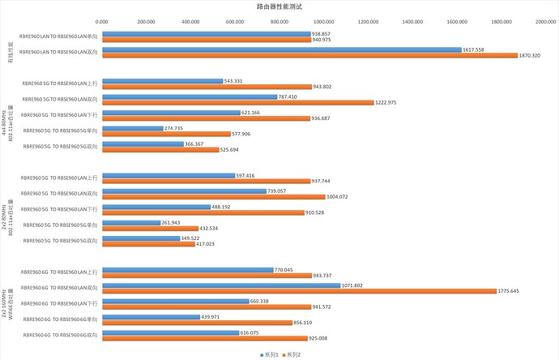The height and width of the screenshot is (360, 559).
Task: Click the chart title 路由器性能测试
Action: point(279,6)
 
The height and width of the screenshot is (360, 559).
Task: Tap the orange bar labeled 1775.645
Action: point(299,290)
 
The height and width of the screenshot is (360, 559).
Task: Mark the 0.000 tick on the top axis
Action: point(102,21)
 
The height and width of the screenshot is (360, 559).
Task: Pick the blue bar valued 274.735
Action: point(132,128)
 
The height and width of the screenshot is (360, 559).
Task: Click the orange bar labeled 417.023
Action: point(148,243)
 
